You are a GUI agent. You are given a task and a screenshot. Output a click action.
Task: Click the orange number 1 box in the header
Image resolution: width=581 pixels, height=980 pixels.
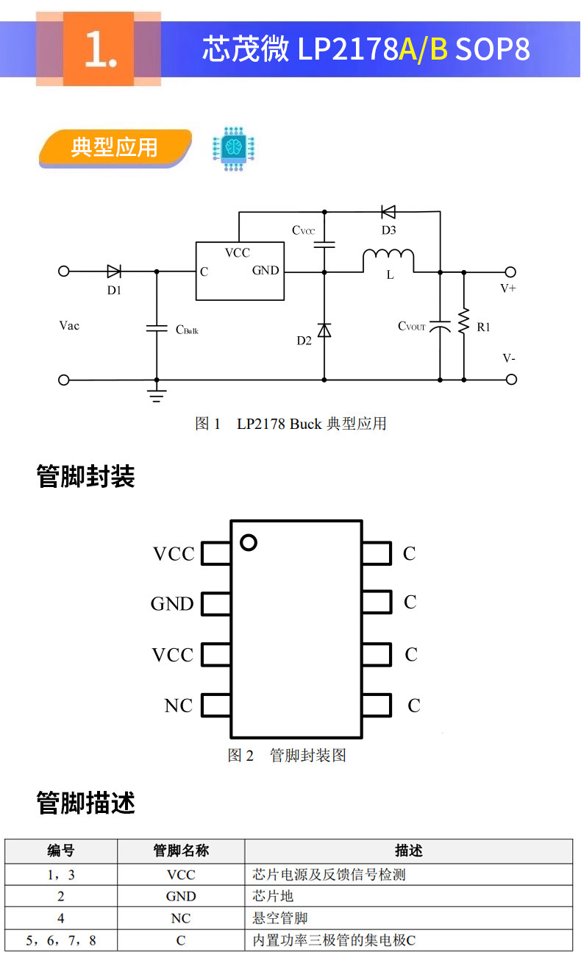[x=99, y=49]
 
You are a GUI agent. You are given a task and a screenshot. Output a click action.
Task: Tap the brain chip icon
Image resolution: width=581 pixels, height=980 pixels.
[x=233, y=149]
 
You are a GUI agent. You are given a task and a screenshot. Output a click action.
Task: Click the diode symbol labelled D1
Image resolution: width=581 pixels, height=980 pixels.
[x=114, y=271]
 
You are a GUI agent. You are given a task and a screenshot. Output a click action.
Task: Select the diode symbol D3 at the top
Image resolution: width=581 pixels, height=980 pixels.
[x=388, y=212]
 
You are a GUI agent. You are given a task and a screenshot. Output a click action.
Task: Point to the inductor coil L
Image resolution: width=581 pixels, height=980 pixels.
[x=388, y=258]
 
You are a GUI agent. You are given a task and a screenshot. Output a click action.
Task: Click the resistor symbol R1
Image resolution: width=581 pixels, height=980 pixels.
[x=464, y=322]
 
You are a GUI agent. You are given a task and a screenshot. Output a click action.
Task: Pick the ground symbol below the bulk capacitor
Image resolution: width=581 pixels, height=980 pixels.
[x=157, y=396]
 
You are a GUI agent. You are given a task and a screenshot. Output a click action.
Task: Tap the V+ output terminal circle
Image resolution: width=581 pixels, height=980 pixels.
[x=510, y=272]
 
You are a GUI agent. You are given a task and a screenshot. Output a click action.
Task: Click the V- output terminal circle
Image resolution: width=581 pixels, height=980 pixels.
[x=511, y=380]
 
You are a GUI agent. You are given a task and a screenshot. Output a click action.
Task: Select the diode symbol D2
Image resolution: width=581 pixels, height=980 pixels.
[x=324, y=330]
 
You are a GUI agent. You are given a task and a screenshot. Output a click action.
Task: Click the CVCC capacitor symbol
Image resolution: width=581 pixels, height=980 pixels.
[x=324, y=245]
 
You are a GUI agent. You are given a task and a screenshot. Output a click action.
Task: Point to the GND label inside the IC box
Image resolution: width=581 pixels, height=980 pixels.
[x=265, y=270]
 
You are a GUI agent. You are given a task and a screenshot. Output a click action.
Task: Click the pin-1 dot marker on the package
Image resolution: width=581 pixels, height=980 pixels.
[x=249, y=542]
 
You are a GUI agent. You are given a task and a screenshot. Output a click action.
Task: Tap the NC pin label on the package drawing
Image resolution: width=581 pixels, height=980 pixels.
[x=179, y=706]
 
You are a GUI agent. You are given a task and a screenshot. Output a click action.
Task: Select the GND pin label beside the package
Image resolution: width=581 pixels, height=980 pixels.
[x=172, y=604]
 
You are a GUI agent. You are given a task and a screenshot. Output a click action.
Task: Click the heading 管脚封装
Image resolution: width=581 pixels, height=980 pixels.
[x=86, y=477]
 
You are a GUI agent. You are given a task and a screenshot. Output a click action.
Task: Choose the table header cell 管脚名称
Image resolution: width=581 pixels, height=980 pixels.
[x=181, y=851]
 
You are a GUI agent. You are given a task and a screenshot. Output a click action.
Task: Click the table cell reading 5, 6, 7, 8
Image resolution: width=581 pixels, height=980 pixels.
[x=61, y=940]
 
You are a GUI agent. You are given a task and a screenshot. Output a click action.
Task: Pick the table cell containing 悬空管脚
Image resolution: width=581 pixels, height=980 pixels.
[x=408, y=918]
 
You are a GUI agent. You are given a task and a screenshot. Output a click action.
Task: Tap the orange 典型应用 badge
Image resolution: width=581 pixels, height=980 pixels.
[x=115, y=147]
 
